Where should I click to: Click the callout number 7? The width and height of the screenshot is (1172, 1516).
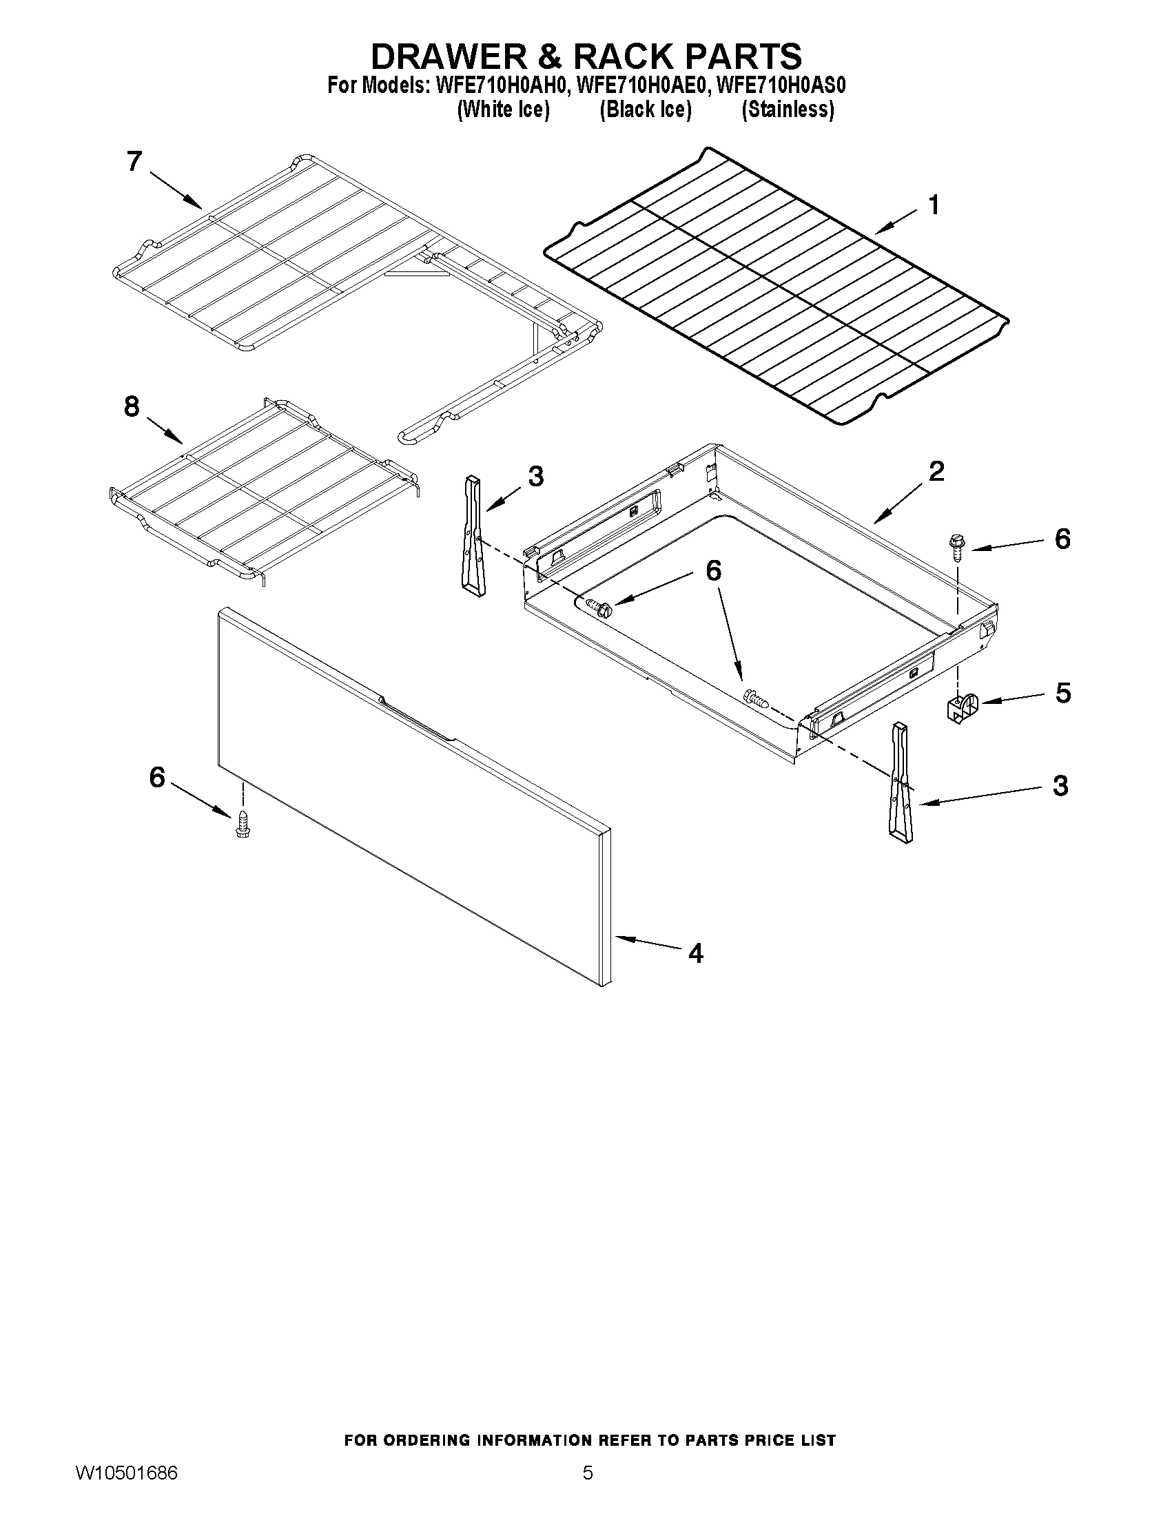coord(134,161)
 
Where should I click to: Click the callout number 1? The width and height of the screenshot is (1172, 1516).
coord(934,205)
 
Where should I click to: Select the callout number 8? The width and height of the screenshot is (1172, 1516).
coord(132,407)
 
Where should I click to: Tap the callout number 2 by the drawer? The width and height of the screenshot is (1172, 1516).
coord(935,471)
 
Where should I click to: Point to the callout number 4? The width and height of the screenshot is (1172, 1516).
coord(695,953)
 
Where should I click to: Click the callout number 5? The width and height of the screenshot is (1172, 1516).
coord(1062,693)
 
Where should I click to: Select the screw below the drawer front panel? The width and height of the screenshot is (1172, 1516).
coord(243,824)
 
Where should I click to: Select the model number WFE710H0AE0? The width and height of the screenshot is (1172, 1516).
coord(640,86)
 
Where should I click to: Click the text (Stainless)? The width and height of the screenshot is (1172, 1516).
coord(788,110)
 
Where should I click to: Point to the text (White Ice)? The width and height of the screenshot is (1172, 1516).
coord(503,110)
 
